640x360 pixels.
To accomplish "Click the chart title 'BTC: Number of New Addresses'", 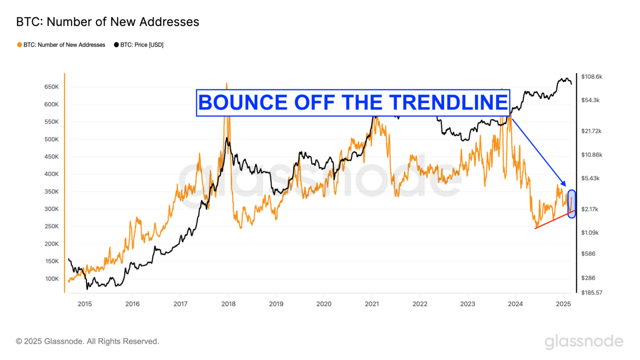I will (x=107, y=22).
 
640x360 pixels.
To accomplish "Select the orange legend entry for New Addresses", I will (x=61, y=45).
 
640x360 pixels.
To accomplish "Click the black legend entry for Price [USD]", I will (x=139, y=45).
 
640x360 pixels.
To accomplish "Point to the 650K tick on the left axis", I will (x=52, y=87).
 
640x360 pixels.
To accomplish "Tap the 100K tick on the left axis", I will (x=52, y=279).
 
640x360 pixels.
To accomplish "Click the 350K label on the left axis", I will (x=52, y=192).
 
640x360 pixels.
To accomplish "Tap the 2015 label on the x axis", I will (x=85, y=303).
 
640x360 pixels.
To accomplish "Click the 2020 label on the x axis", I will (x=324, y=303).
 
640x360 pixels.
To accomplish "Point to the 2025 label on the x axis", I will (x=563, y=303).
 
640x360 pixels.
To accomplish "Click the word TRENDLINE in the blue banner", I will (x=448, y=103).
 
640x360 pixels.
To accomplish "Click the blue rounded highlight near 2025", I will (x=572, y=204).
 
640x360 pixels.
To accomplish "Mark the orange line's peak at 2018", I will (x=227, y=84).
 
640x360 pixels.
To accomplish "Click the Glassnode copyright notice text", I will (x=88, y=341).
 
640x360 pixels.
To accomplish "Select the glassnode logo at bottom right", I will (x=584, y=341).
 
